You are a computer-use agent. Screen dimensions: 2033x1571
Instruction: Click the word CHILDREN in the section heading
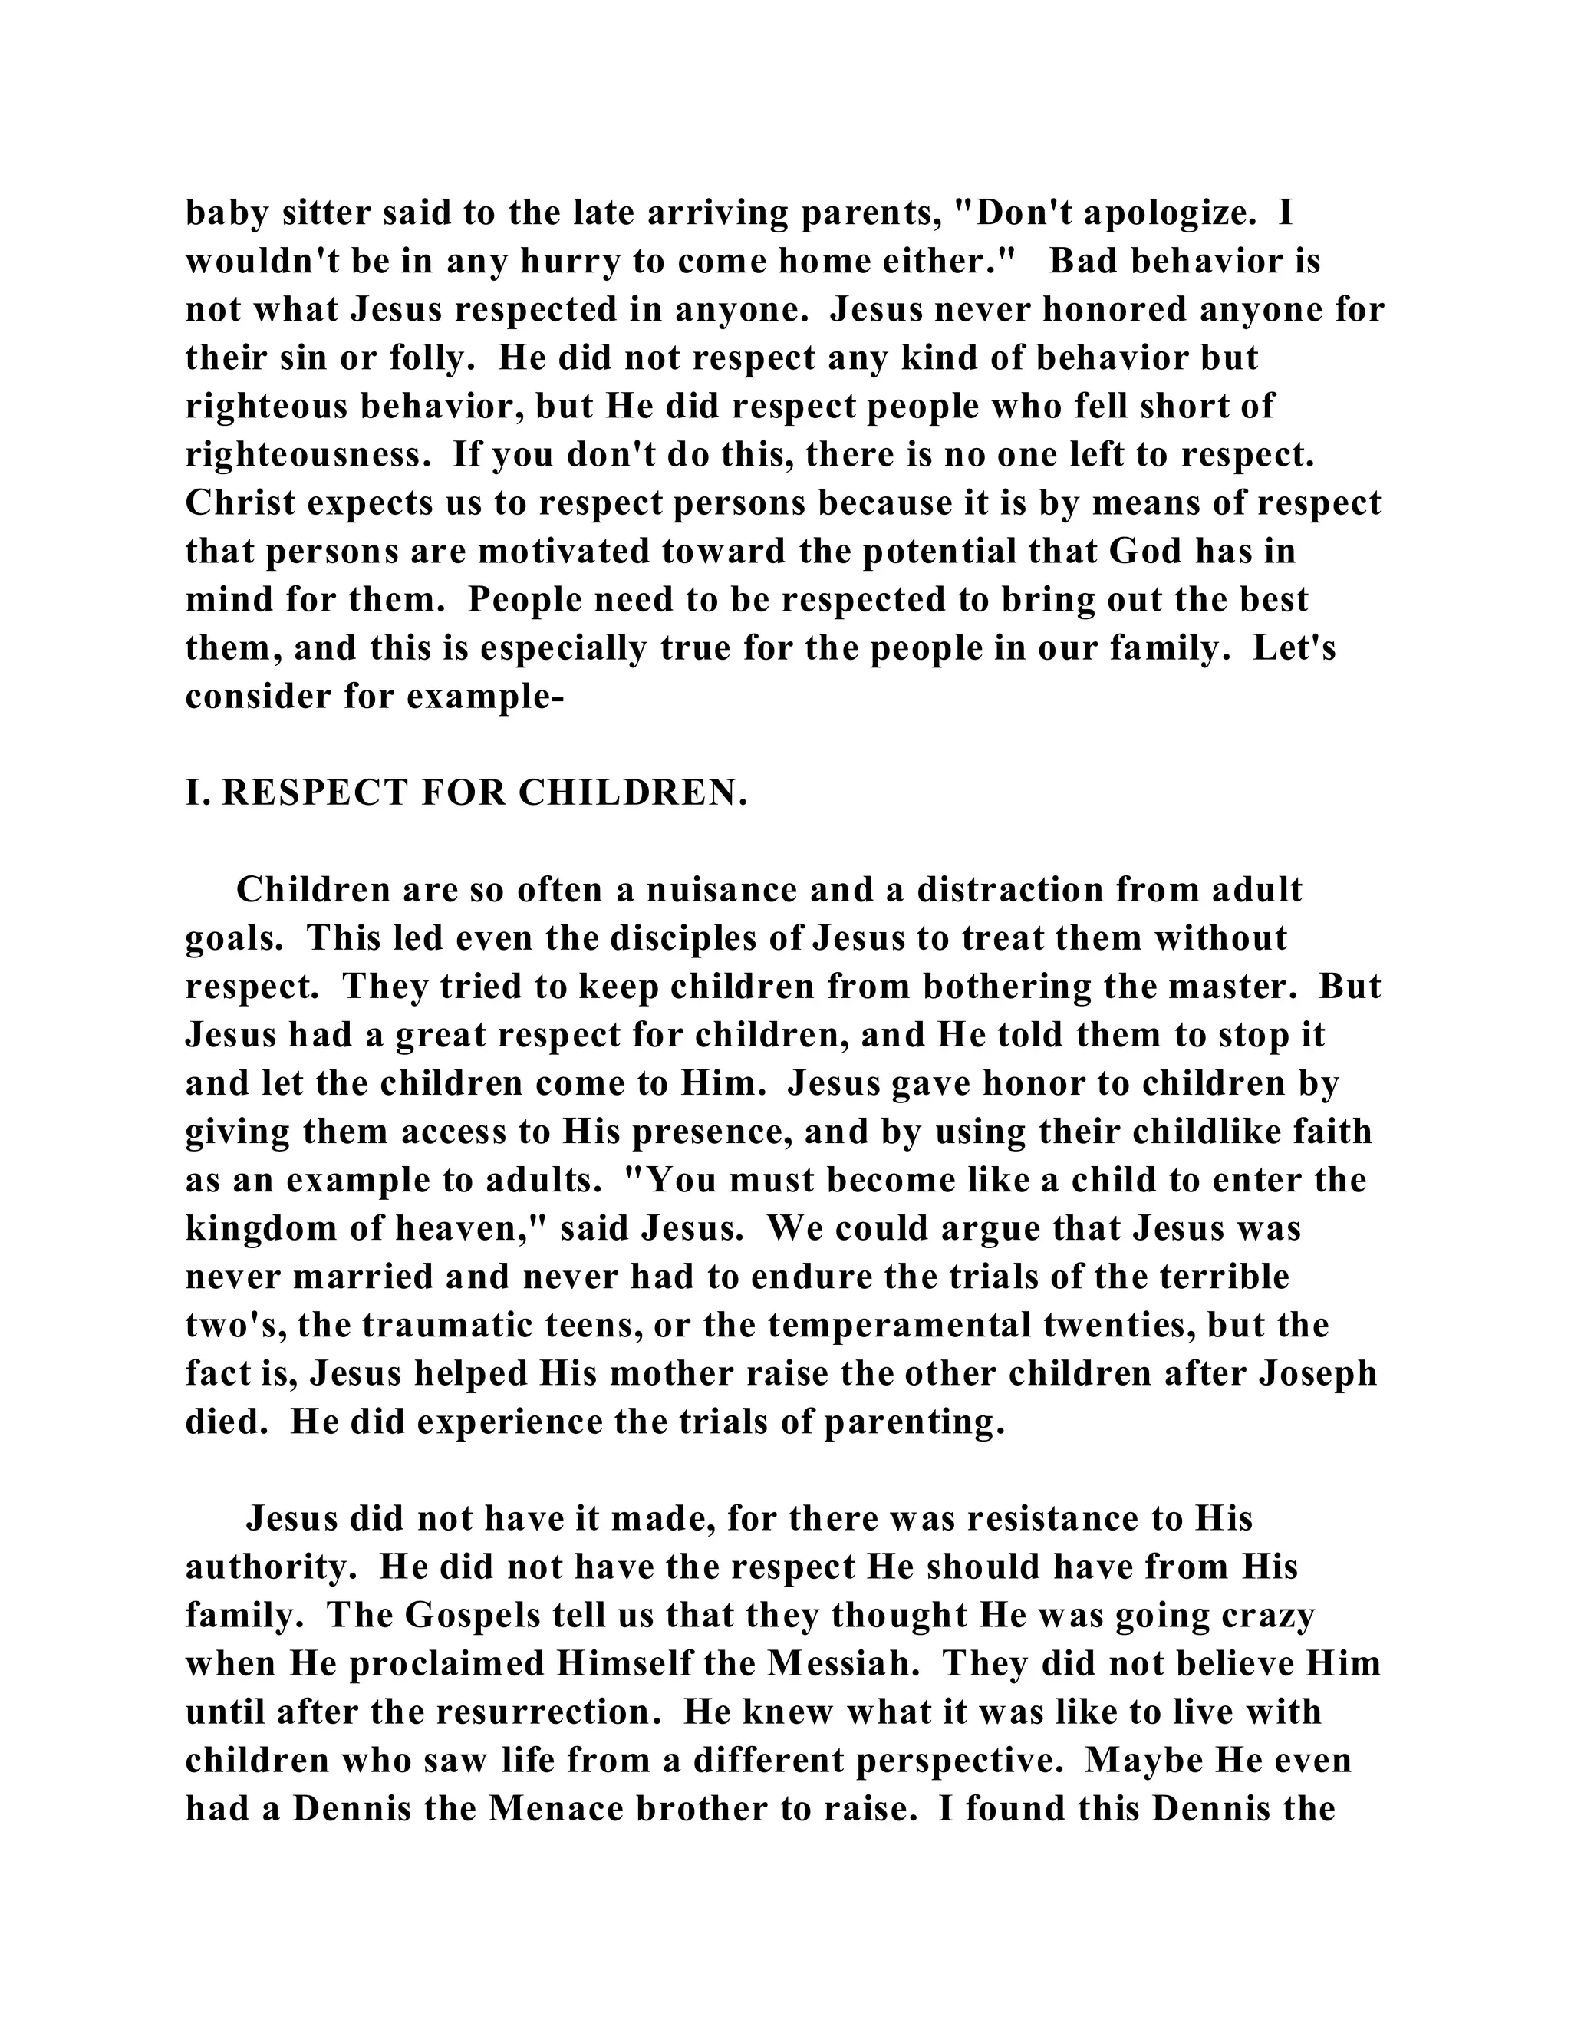(633, 793)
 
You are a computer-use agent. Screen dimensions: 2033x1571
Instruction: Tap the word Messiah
(837, 1663)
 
